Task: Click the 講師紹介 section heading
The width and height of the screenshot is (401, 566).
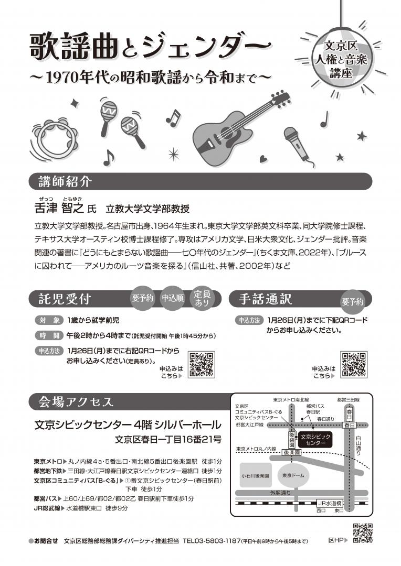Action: (66, 181)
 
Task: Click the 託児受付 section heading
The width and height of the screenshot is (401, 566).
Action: (65, 299)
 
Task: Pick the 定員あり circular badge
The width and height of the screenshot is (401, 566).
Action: (202, 298)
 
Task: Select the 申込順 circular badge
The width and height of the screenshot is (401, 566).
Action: (172, 298)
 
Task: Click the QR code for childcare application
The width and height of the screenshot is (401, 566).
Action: (201, 365)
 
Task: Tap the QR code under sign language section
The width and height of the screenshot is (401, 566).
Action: (354, 365)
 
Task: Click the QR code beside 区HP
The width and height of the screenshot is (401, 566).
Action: (362, 534)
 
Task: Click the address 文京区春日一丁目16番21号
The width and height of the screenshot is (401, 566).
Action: (168, 438)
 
